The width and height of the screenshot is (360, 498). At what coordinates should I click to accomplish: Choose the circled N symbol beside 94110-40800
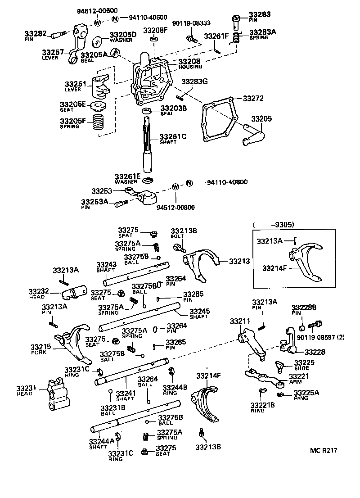click(x=189, y=183)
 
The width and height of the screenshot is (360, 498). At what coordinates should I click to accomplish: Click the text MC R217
click(x=323, y=450)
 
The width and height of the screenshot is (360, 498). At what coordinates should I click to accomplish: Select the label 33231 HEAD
click(x=25, y=390)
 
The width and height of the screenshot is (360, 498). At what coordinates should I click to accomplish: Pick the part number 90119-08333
click(x=191, y=23)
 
